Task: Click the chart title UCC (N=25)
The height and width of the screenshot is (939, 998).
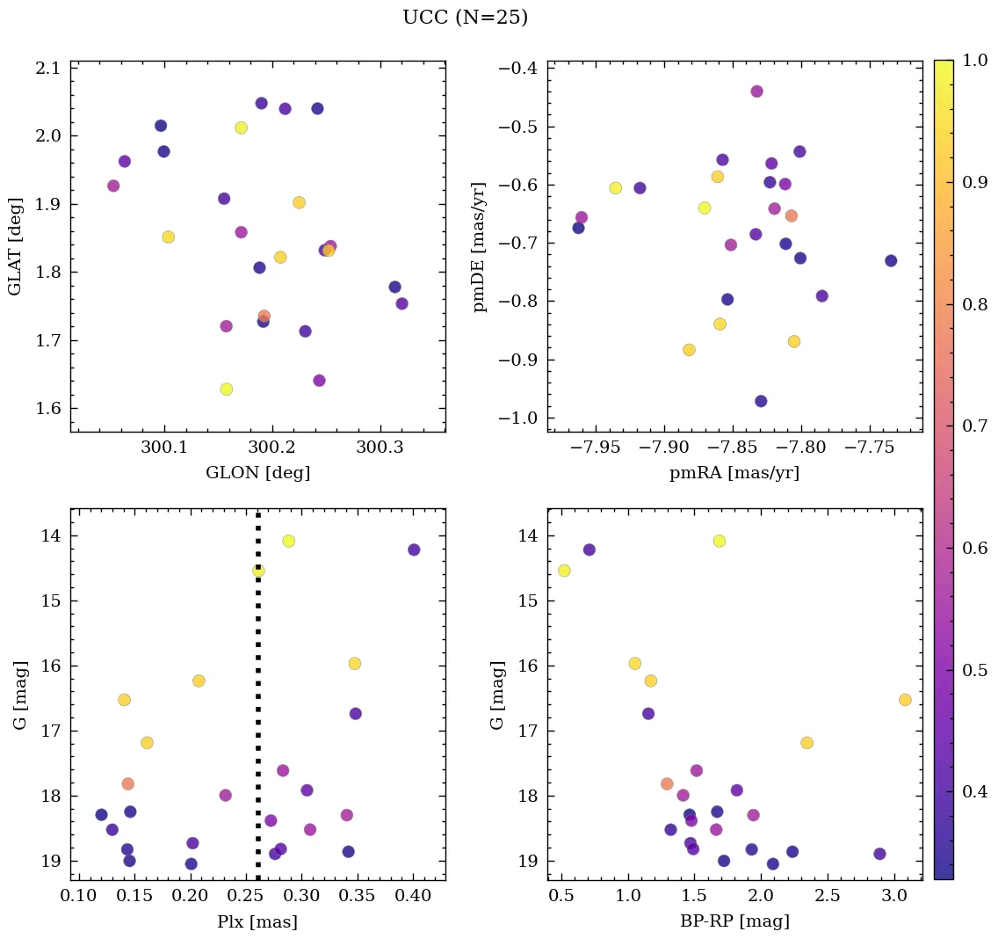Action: (x=465, y=18)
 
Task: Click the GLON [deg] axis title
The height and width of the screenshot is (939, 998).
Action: (x=257, y=473)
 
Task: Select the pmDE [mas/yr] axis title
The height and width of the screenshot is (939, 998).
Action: (x=480, y=246)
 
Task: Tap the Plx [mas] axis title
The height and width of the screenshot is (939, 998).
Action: (x=257, y=921)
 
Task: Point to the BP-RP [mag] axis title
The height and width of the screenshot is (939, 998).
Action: (x=734, y=921)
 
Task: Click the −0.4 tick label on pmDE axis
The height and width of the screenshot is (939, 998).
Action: (x=519, y=69)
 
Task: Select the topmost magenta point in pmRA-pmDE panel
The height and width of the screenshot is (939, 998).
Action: (x=756, y=91)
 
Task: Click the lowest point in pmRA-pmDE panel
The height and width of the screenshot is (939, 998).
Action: (x=761, y=401)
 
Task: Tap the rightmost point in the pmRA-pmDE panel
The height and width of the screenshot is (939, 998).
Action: (x=891, y=260)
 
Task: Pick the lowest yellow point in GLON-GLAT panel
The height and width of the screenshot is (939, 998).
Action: (x=227, y=389)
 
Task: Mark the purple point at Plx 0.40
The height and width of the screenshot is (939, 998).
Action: (x=414, y=550)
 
